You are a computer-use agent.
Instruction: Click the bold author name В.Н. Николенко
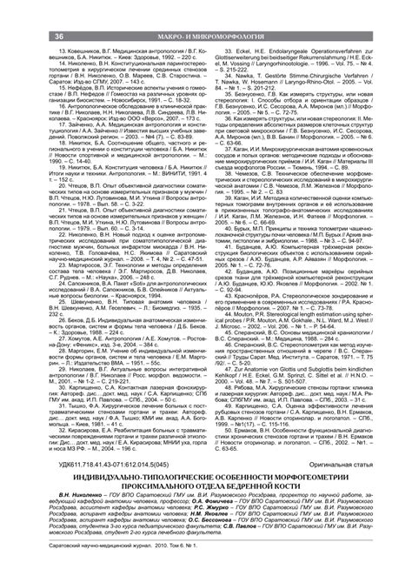tap(48, 526)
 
